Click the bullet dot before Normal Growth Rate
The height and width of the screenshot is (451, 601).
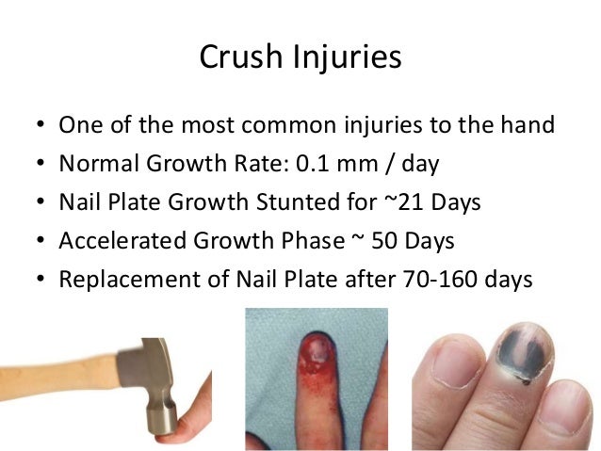click(37, 165)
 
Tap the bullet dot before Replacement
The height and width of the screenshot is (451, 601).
click(37, 281)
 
